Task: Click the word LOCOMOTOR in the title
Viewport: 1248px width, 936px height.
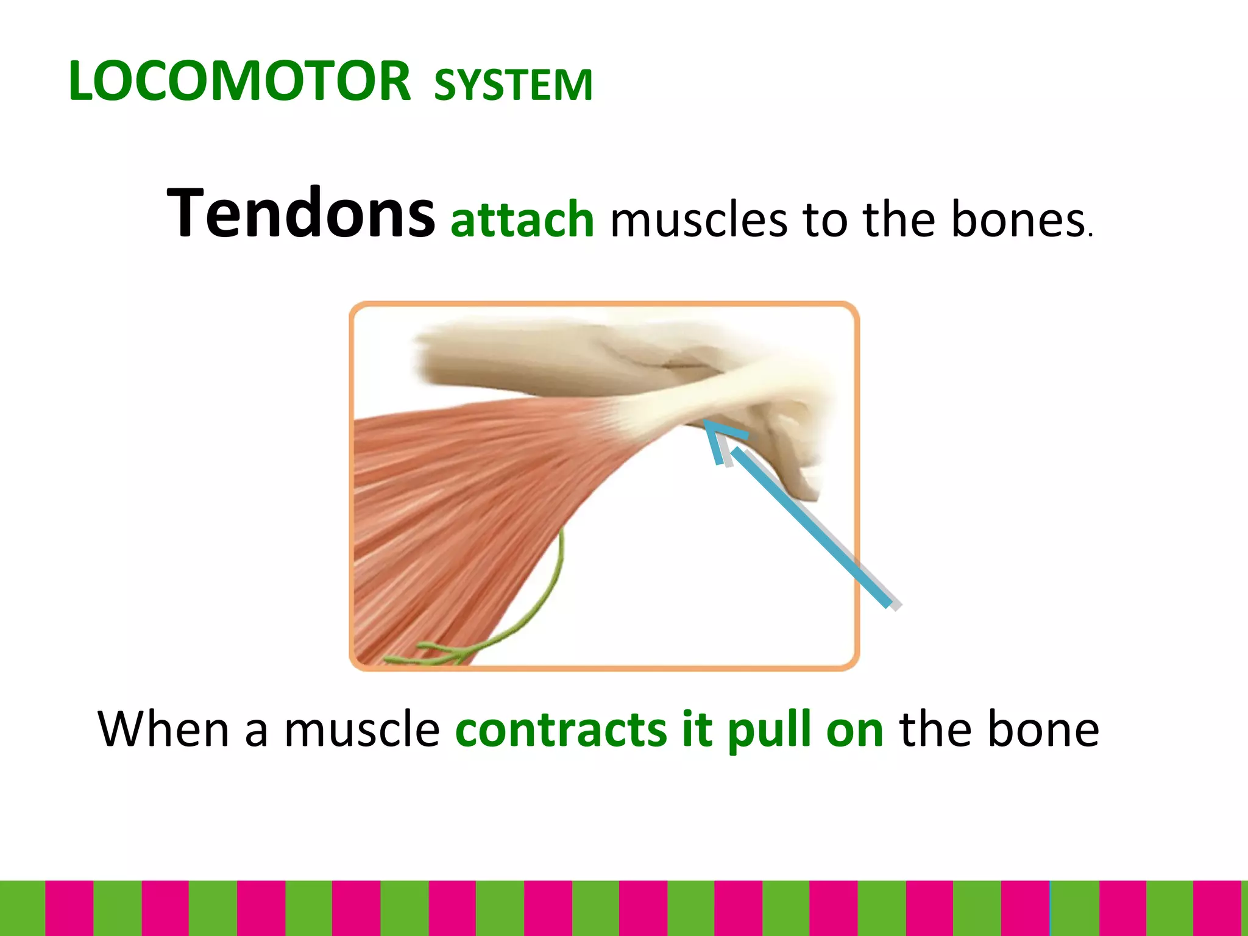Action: [x=239, y=82]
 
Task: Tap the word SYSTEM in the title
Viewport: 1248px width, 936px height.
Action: [x=513, y=85]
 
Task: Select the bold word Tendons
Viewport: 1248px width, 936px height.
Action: [x=300, y=213]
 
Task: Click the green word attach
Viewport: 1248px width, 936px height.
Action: [x=522, y=219]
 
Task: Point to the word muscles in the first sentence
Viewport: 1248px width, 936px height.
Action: [x=698, y=221]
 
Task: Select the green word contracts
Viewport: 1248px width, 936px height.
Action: [x=561, y=730]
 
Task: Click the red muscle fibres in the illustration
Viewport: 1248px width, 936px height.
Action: [x=463, y=500]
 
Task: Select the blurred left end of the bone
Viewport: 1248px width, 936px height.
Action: [x=430, y=360]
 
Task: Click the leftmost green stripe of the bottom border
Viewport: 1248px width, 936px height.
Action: [x=23, y=908]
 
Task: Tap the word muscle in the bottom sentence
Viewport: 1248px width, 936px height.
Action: [x=361, y=730]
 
